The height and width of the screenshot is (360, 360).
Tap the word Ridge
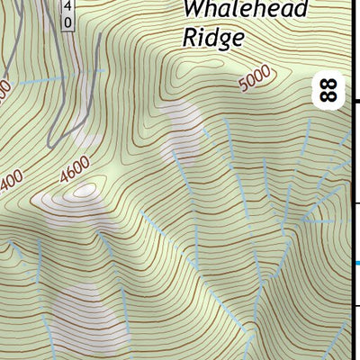(x=213, y=38)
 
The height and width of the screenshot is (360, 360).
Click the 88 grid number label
(x=329, y=89)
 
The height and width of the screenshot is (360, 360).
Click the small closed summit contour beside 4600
(x=85, y=190)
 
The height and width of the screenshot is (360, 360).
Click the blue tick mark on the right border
(x=357, y=263)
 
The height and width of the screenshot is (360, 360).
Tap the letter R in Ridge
(x=190, y=38)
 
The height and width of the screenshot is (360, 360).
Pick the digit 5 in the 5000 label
(x=246, y=87)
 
